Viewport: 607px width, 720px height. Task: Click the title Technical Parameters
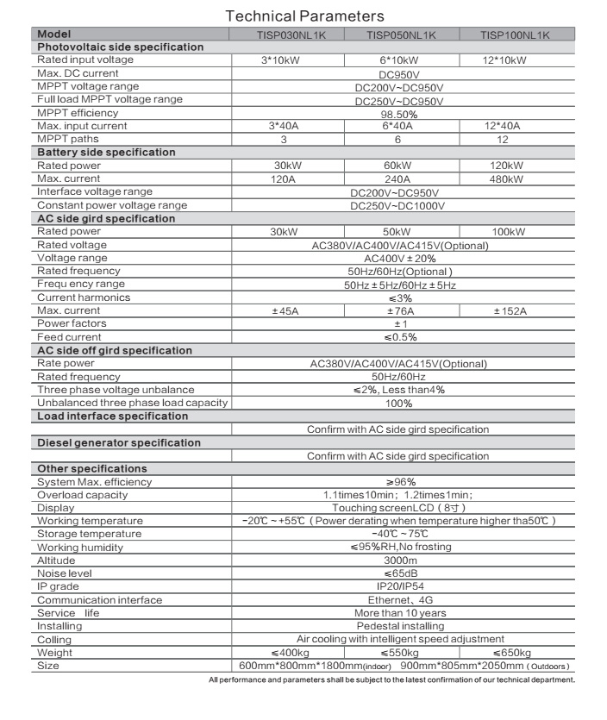(x=304, y=16)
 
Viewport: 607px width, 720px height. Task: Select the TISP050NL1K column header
(x=401, y=34)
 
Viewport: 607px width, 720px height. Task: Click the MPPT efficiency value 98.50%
(x=399, y=113)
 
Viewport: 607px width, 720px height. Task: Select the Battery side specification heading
(x=106, y=153)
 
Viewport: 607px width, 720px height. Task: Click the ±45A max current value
(x=286, y=310)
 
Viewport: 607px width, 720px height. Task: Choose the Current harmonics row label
(x=84, y=297)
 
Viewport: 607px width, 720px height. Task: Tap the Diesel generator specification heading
(x=119, y=443)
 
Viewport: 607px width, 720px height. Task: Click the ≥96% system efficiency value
(x=399, y=482)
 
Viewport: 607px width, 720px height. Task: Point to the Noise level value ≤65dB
(x=399, y=573)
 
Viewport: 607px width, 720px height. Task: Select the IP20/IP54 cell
(x=399, y=586)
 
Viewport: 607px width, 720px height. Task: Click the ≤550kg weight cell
(x=399, y=653)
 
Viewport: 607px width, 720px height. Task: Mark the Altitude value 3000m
(x=399, y=560)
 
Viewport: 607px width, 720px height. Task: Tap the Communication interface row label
(x=99, y=600)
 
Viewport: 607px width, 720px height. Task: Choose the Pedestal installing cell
(x=400, y=626)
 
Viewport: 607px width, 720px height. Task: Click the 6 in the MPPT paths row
(x=399, y=139)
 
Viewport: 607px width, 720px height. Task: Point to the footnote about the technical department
(x=391, y=680)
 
